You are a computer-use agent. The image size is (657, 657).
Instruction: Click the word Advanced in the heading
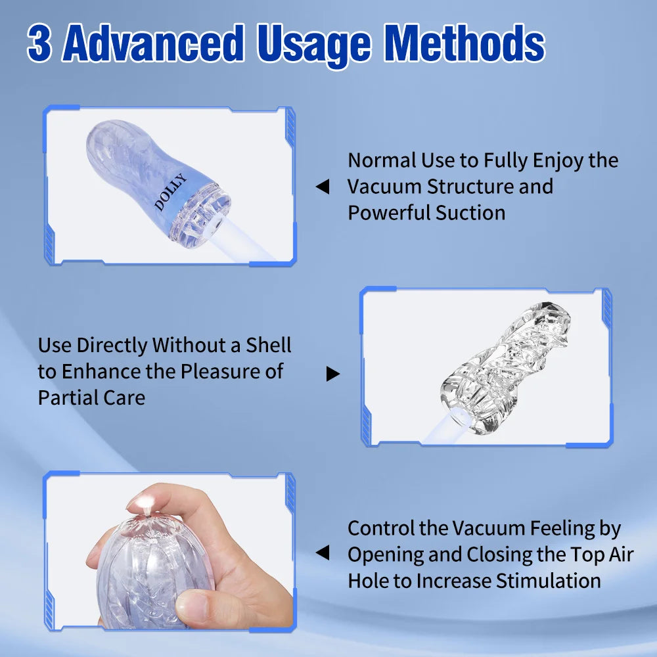(156, 45)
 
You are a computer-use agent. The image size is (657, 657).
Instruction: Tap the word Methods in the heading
(464, 45)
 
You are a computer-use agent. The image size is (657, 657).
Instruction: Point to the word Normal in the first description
(382, 160)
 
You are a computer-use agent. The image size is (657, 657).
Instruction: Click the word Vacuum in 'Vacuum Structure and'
(384, 187)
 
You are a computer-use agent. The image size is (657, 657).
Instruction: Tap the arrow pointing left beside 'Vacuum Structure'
(322, 187)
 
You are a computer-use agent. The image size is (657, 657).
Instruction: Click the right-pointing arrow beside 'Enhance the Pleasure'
(333, 374)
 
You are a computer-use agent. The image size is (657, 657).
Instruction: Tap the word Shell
(268, 345)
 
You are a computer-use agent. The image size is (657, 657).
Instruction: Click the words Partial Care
(91, 397)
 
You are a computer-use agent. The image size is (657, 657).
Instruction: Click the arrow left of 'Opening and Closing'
(322, 554)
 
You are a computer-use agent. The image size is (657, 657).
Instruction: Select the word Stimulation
(549, 581)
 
